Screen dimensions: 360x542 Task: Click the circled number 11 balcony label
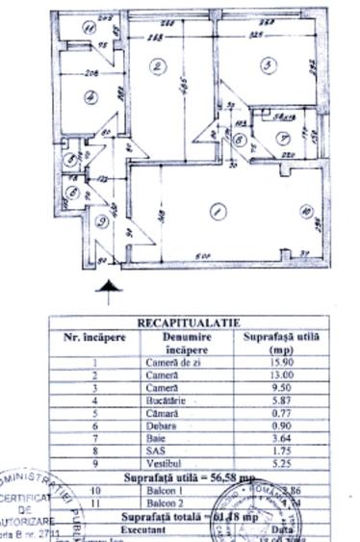pos(89,28)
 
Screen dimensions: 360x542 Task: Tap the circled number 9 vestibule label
pos(105,222)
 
